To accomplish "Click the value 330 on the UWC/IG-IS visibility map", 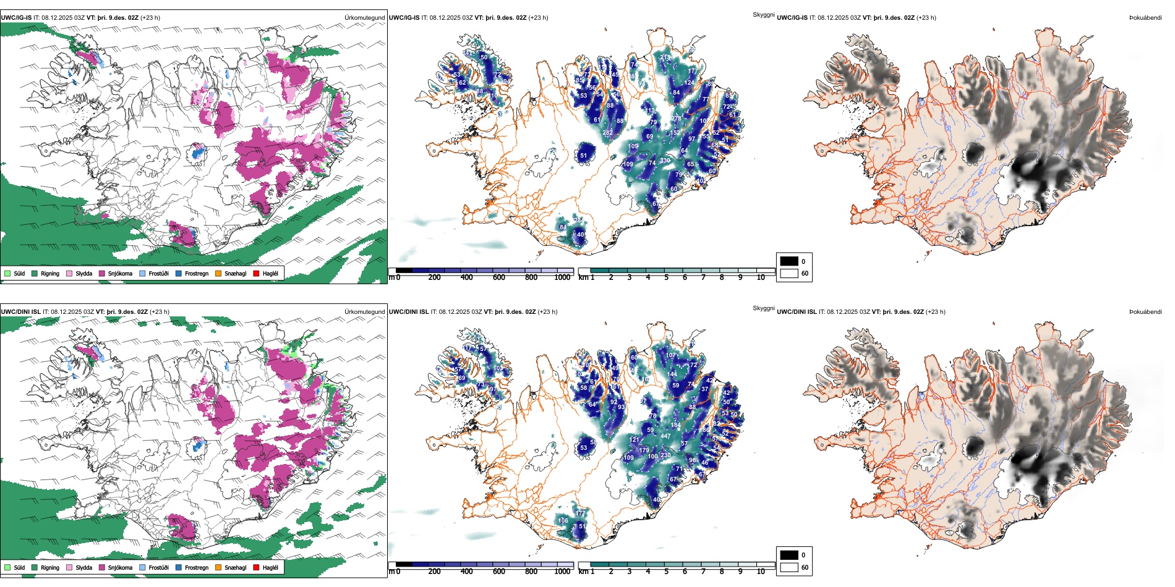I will click(x=665, y=161).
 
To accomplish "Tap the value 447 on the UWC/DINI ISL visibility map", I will click(x=665, y=436).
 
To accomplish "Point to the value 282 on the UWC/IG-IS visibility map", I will click(x=607, y=133).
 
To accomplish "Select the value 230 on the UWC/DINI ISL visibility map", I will click(x=665, y=455).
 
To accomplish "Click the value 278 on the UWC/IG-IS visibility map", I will click(x=676, y=119).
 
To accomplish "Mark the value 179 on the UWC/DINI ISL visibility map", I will click(x=644, y=450).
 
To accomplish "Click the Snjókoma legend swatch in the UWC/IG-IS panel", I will click(x=102, y=273).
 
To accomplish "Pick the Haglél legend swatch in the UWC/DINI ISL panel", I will click(x=256, y=567).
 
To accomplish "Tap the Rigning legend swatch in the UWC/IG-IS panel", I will click(x=35, y=273).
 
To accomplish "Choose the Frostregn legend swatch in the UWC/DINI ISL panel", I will click(x=179, y=567).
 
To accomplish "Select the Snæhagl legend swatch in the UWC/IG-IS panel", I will click(x=218, y=273).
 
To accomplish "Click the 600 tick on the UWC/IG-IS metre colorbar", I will click(x=498, y=277).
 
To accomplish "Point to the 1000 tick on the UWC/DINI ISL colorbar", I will click(x=562, y=572).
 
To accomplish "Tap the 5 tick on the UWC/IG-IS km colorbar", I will click(x=666, y=277).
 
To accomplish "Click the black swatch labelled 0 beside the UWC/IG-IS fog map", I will click(x=789, y=261).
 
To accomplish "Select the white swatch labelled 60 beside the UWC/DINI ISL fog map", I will click(x=789, y=567).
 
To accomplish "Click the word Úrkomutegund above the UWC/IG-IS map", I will click(x=364, y=17).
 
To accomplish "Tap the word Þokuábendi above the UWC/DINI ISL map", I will click(x=1145, y=311).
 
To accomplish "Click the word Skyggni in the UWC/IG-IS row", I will click(x=763, y=14).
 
